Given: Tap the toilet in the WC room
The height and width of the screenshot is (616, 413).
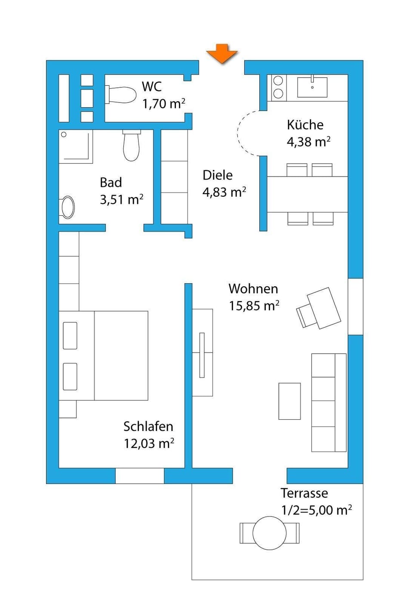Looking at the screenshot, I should [121, 95].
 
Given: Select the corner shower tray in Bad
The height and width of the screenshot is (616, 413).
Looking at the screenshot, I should [76, 146].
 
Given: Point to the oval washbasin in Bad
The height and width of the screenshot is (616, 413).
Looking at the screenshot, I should [68, 207].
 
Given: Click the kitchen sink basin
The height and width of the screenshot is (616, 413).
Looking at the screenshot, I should [312, 87].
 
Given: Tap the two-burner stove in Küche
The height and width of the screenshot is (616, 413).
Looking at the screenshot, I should [278, 87].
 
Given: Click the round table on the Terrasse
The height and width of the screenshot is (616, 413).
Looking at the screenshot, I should [269, 533].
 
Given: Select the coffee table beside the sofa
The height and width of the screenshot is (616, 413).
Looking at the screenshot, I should [290, 401].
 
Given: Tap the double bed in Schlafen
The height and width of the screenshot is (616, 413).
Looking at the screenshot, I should [104, 356].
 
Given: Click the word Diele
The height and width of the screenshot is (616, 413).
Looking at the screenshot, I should [218, 175].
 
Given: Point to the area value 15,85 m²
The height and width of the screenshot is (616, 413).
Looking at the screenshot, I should [254, 306].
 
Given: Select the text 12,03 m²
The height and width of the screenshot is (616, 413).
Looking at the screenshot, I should [149, 443].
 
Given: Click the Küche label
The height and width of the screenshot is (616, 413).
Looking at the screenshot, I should [305, 125].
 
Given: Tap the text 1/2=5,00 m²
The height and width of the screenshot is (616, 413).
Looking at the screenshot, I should [316, 510].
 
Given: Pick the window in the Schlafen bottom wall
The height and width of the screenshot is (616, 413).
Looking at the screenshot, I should [139, 476].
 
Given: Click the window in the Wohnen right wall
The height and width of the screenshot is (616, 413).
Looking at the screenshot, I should [355, 306].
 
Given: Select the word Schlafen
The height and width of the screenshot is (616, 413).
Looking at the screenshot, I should [148, 427].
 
